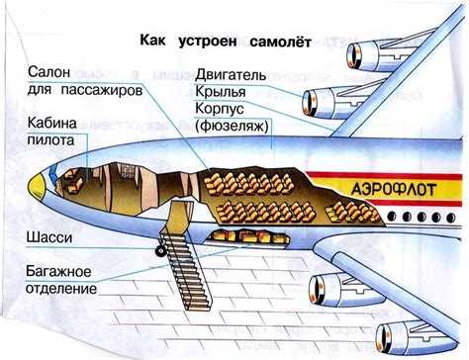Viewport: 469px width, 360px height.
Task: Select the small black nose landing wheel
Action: tap(157, 254)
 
